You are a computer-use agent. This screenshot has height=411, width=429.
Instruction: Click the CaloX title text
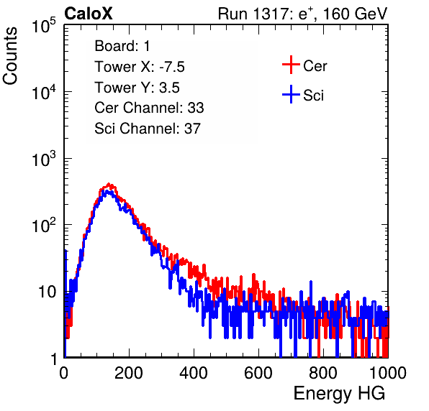(x=89, y=14)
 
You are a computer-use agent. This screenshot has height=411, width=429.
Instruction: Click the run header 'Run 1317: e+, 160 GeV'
(x=302, y=14)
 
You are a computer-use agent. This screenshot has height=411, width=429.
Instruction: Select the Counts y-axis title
(x=10, y=56)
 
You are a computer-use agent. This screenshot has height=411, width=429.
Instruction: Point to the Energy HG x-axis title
(x=339, y=394)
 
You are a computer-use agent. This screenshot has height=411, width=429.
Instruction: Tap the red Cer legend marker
(x=291, y=65)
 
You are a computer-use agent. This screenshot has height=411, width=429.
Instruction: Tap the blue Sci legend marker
(x=291, y=95)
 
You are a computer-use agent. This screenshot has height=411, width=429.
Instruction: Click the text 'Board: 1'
(x=122, y=46)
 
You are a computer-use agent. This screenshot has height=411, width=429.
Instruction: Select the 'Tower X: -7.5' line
(x=140, y=67)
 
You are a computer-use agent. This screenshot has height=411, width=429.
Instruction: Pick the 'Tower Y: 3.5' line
(x=137, y=88)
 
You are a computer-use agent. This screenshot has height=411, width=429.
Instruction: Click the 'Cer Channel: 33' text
(x=149, y=108)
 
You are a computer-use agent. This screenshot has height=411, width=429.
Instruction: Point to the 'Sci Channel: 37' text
(x=148, y=129)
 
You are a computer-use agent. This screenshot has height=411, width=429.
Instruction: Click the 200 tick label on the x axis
(x=129, y=373)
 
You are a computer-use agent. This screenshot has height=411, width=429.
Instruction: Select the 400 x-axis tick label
(x=194, y=373)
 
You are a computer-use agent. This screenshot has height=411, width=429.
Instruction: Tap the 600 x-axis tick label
(x=258, y=373)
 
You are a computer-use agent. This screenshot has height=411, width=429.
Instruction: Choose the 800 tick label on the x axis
(x=323, y=373)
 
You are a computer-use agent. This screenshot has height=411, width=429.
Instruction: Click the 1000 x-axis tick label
(x=388, y=373)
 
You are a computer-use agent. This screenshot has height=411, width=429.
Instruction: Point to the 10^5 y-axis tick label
(x=44, y=25)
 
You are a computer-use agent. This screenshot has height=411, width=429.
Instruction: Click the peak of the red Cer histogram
(x=109, y=184)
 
